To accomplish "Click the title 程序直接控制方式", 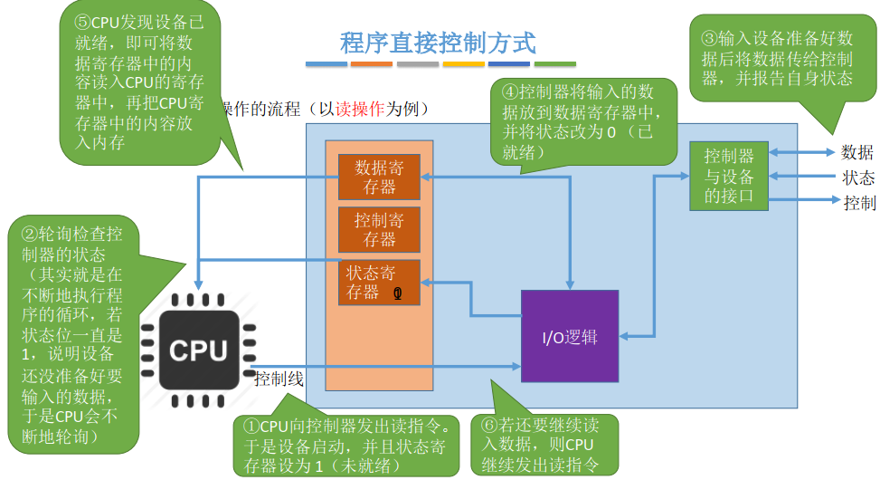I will click(438, 43).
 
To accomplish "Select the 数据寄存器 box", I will click(379, 177).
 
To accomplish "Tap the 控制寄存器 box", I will click(379, 229).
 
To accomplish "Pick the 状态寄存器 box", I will click(379, 282).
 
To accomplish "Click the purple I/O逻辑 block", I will click(570, 338).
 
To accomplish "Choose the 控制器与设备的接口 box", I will click(728, 175).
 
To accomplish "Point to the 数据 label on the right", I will click(857, 151).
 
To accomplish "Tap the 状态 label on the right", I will click(857, 177).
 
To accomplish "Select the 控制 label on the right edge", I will click(859, 202).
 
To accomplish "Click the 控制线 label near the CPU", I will click(279, 379).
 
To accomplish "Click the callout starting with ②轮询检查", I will click(72, 335).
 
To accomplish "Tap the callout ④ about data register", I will click(579, 121).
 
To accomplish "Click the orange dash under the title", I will click(371, 64).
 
